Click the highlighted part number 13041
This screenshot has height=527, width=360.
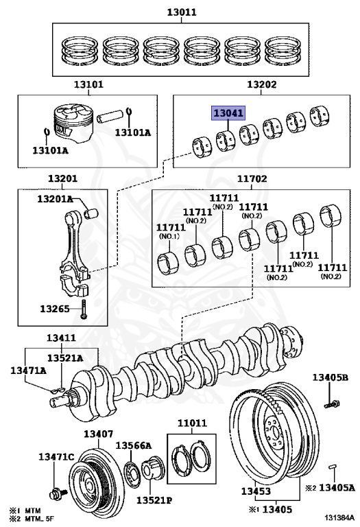[228, 113]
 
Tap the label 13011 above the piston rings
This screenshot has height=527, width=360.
[182, 12]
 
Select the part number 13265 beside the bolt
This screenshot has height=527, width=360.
[55, 308]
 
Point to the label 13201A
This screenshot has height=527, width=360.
[55, 199]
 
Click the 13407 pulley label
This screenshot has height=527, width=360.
[98, 434]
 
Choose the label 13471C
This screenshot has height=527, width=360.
[56, 457]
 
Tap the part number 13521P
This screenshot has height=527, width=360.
[154, 500]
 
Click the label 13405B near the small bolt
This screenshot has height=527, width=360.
[331, 377]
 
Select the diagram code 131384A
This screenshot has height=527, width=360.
[339, 517]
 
